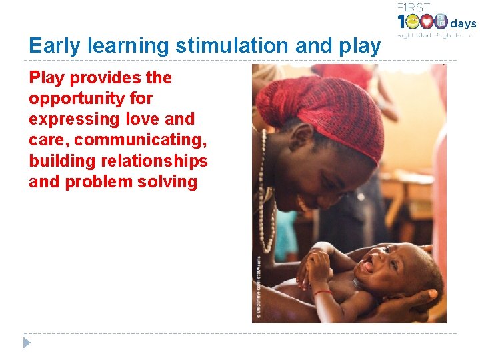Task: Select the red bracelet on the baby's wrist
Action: (323, 292)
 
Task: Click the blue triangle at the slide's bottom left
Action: (27, 343)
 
